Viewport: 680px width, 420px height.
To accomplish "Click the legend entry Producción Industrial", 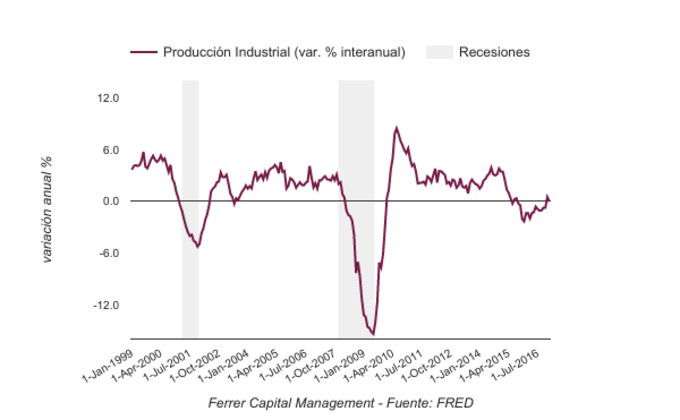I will (x=283, y=52).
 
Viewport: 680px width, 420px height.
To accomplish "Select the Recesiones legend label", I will (x=494, y=52).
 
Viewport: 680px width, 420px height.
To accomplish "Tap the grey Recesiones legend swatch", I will (x=439, y=52).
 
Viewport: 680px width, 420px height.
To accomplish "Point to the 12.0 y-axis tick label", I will (x=108, y=98).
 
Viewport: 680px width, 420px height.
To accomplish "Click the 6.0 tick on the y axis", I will (x=111, y=150).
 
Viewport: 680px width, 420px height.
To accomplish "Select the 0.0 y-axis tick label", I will (x=111, y=201).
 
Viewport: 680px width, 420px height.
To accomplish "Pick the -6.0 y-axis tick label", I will (x=109, y=253).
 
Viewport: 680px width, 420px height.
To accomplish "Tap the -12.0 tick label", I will (x=106, y=305).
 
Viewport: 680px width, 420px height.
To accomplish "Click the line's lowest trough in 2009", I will (x=373, y=334).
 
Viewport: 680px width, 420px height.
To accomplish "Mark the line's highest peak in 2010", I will (x=396, y=127).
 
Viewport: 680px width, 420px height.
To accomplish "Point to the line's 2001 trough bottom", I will (x=197, y=246).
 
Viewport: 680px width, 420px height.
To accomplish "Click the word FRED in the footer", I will (x=454, y=402).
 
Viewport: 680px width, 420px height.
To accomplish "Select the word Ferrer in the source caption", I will (x=230, y=402).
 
